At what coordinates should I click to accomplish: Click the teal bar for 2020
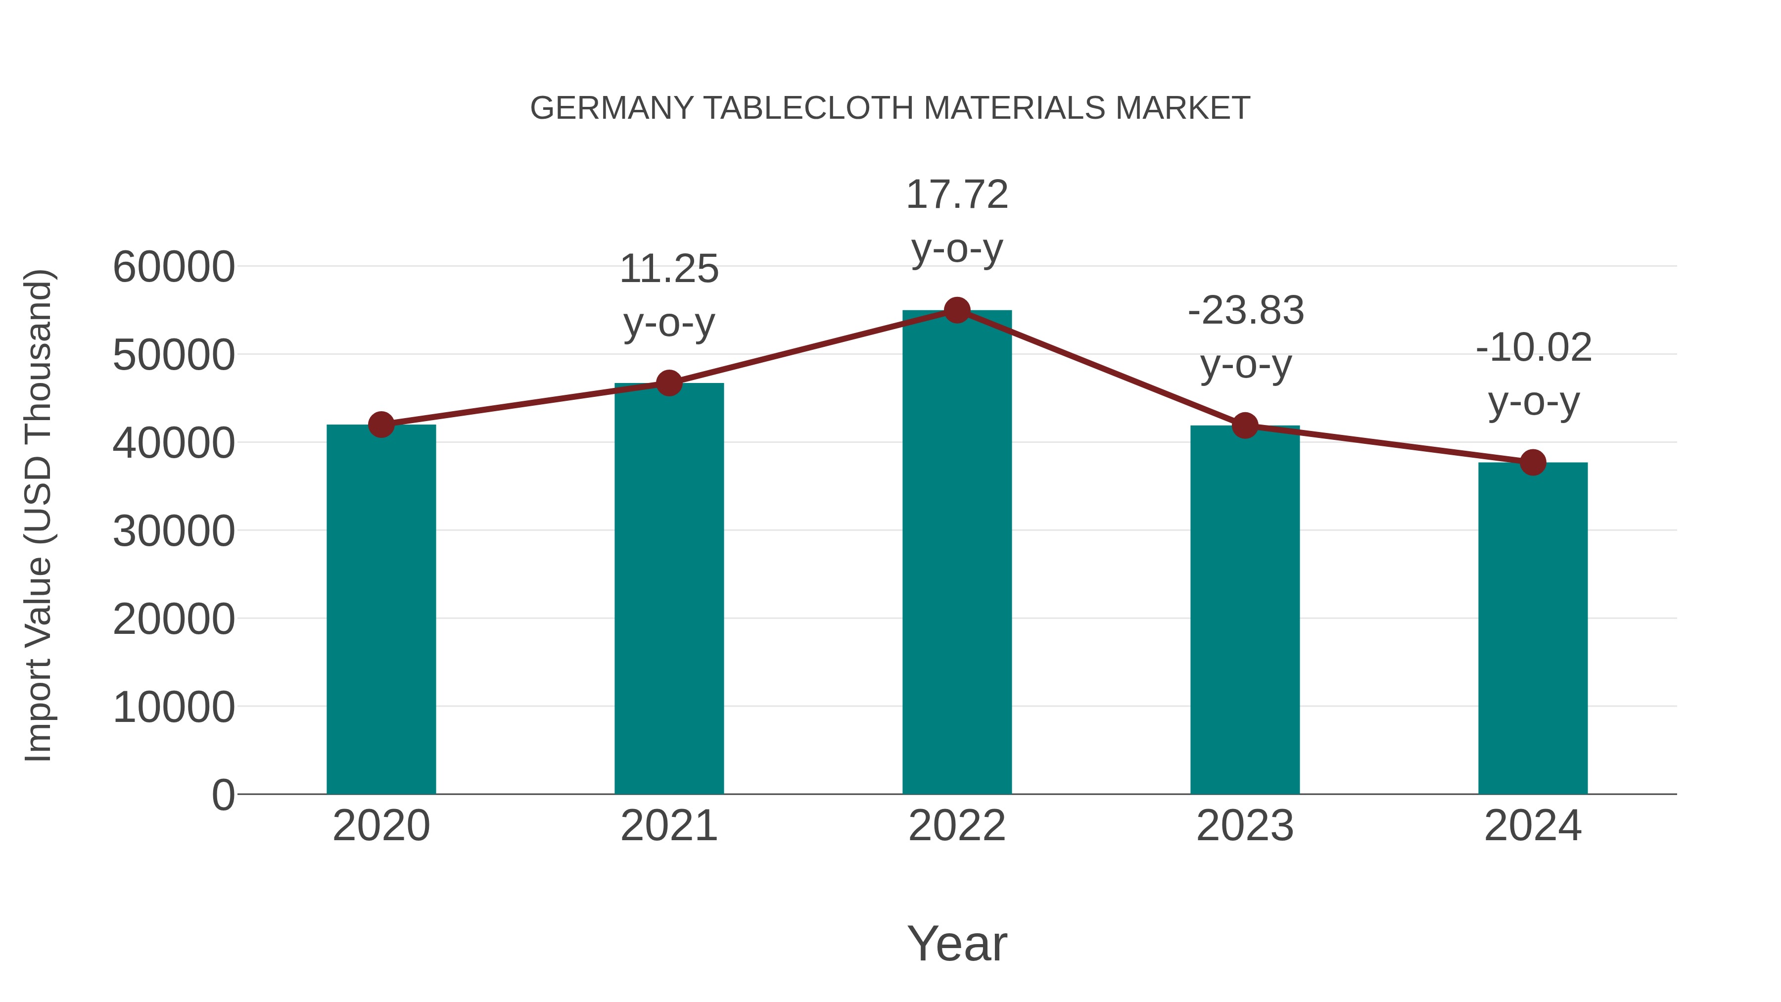(x=381, y=609)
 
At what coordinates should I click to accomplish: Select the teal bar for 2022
(x=957, y=553)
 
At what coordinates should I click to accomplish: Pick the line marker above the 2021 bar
(x=668, y=382)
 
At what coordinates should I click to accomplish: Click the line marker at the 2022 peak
(x=957, y=310)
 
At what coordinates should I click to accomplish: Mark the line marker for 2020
(x=381, y=425)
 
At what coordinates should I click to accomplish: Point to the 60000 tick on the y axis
(x=174, y=267)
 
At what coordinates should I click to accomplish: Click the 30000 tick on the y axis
(x=174, y=531)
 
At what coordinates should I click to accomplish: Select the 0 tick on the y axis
(x=223, y=795)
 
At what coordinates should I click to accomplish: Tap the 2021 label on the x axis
(x=668, y=826)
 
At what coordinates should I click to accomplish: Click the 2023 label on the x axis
(x=1245, y=826)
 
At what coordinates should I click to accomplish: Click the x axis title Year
(x=957, y=943)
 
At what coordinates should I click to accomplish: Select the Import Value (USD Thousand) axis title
(x=39, y=515)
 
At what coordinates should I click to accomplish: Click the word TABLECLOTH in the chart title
(x=809, y=108)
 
